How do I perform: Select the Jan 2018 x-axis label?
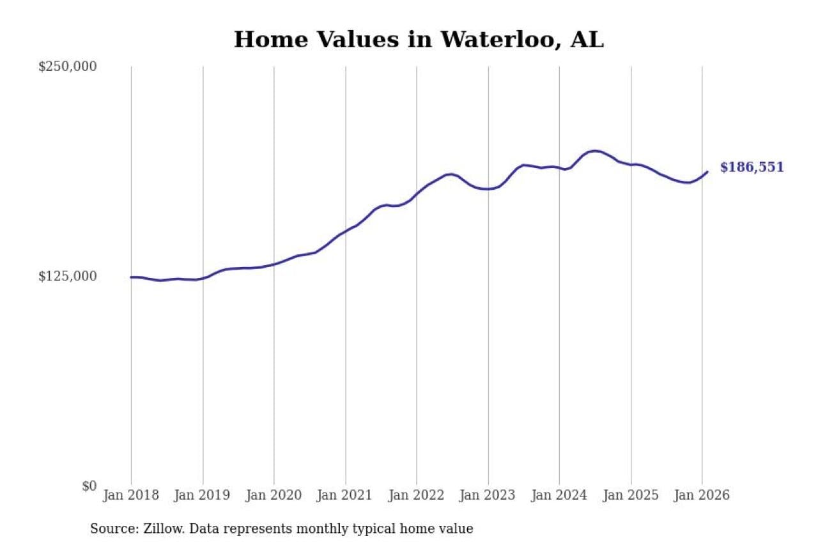(x=131, y=495)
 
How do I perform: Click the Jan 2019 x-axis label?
(x=203, y=495)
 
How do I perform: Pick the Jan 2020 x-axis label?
(x=274, y=495)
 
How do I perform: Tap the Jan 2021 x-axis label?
(x=345, y=495)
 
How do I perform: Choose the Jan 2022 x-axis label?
(x=417, y=495)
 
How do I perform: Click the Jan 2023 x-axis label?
(x=488, y=495)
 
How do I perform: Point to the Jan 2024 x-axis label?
(x=559, y=495)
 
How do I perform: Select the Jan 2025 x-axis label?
(x=631, y=495)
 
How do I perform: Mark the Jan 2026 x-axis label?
(x=702, y=495)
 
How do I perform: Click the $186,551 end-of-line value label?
(x=752, y=167)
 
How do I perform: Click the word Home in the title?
(x=264, y=40)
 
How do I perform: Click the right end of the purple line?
(x=707, y=171)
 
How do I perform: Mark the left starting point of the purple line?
(x=131, y=277)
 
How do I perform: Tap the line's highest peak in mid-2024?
(x=595, y=151)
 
